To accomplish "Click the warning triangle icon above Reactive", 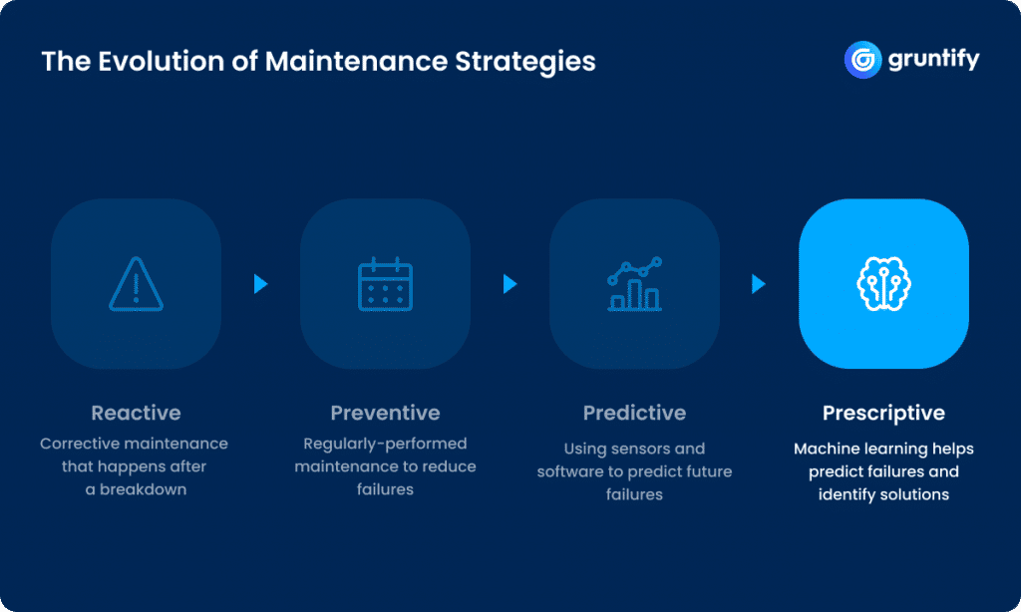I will click(136, 284).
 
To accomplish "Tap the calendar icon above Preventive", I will click(385, 284).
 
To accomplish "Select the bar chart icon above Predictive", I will click(634, 284).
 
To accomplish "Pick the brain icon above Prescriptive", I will click(883, 284).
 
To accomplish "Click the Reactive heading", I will click(136, 413).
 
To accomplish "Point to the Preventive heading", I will click(385, 413).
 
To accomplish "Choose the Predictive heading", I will click(634, 413).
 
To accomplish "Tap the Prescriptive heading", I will click(883, 413).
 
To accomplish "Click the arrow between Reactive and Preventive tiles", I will click(261, 284).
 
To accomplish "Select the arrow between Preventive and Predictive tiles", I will click(510, 284).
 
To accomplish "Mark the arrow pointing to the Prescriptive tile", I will click(759, 284).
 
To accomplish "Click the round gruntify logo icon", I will click(861, 60).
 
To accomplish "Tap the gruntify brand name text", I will click(933, 60).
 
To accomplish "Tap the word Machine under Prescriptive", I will click(827, 449).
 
